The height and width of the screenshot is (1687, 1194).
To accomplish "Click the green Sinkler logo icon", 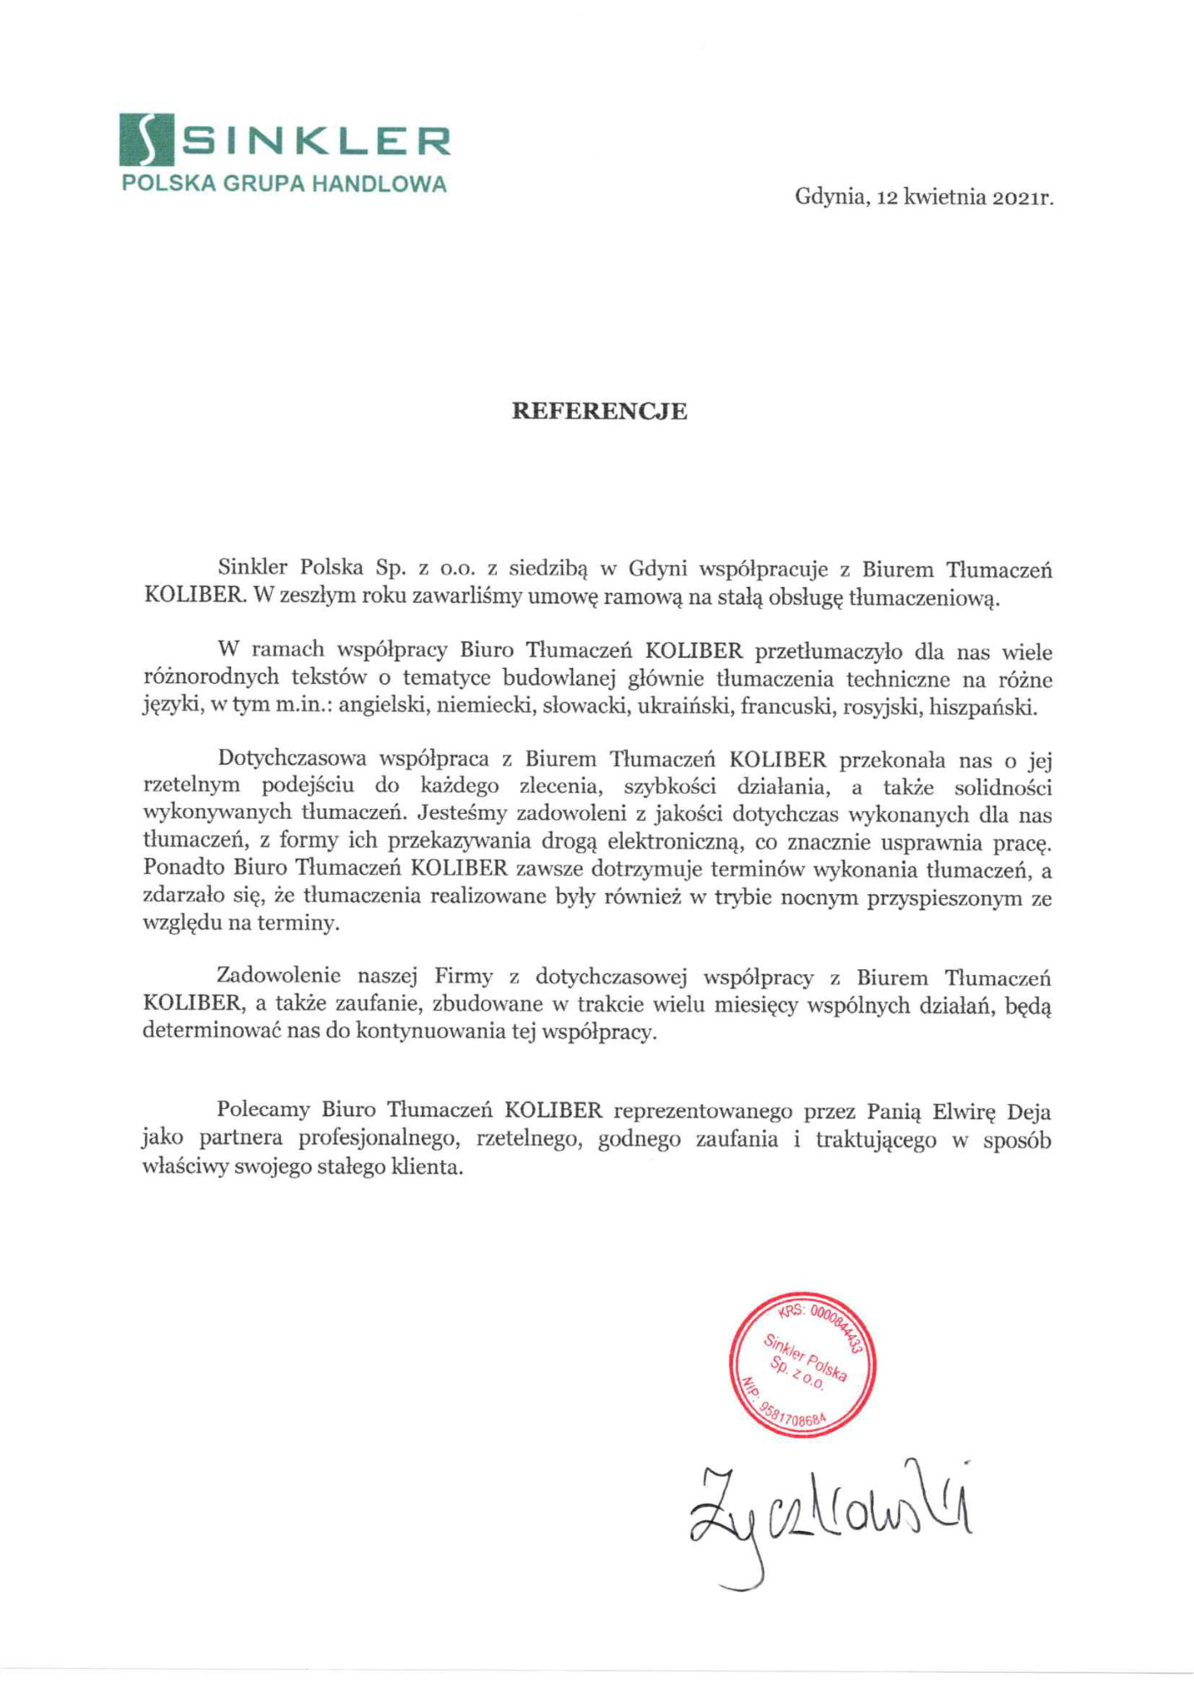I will [144, 140].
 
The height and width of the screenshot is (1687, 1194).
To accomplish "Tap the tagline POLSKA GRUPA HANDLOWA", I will [284, 184].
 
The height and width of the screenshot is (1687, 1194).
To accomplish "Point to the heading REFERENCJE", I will [600, 412].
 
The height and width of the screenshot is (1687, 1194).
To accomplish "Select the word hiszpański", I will [982, 707].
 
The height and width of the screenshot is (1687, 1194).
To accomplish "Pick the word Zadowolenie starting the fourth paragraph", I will [278, 977].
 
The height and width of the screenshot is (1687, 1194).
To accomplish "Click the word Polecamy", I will [263, 1112].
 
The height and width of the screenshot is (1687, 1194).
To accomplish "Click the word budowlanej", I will [559, 679].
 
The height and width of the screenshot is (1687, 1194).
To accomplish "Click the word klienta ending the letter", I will [430, 1168].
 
